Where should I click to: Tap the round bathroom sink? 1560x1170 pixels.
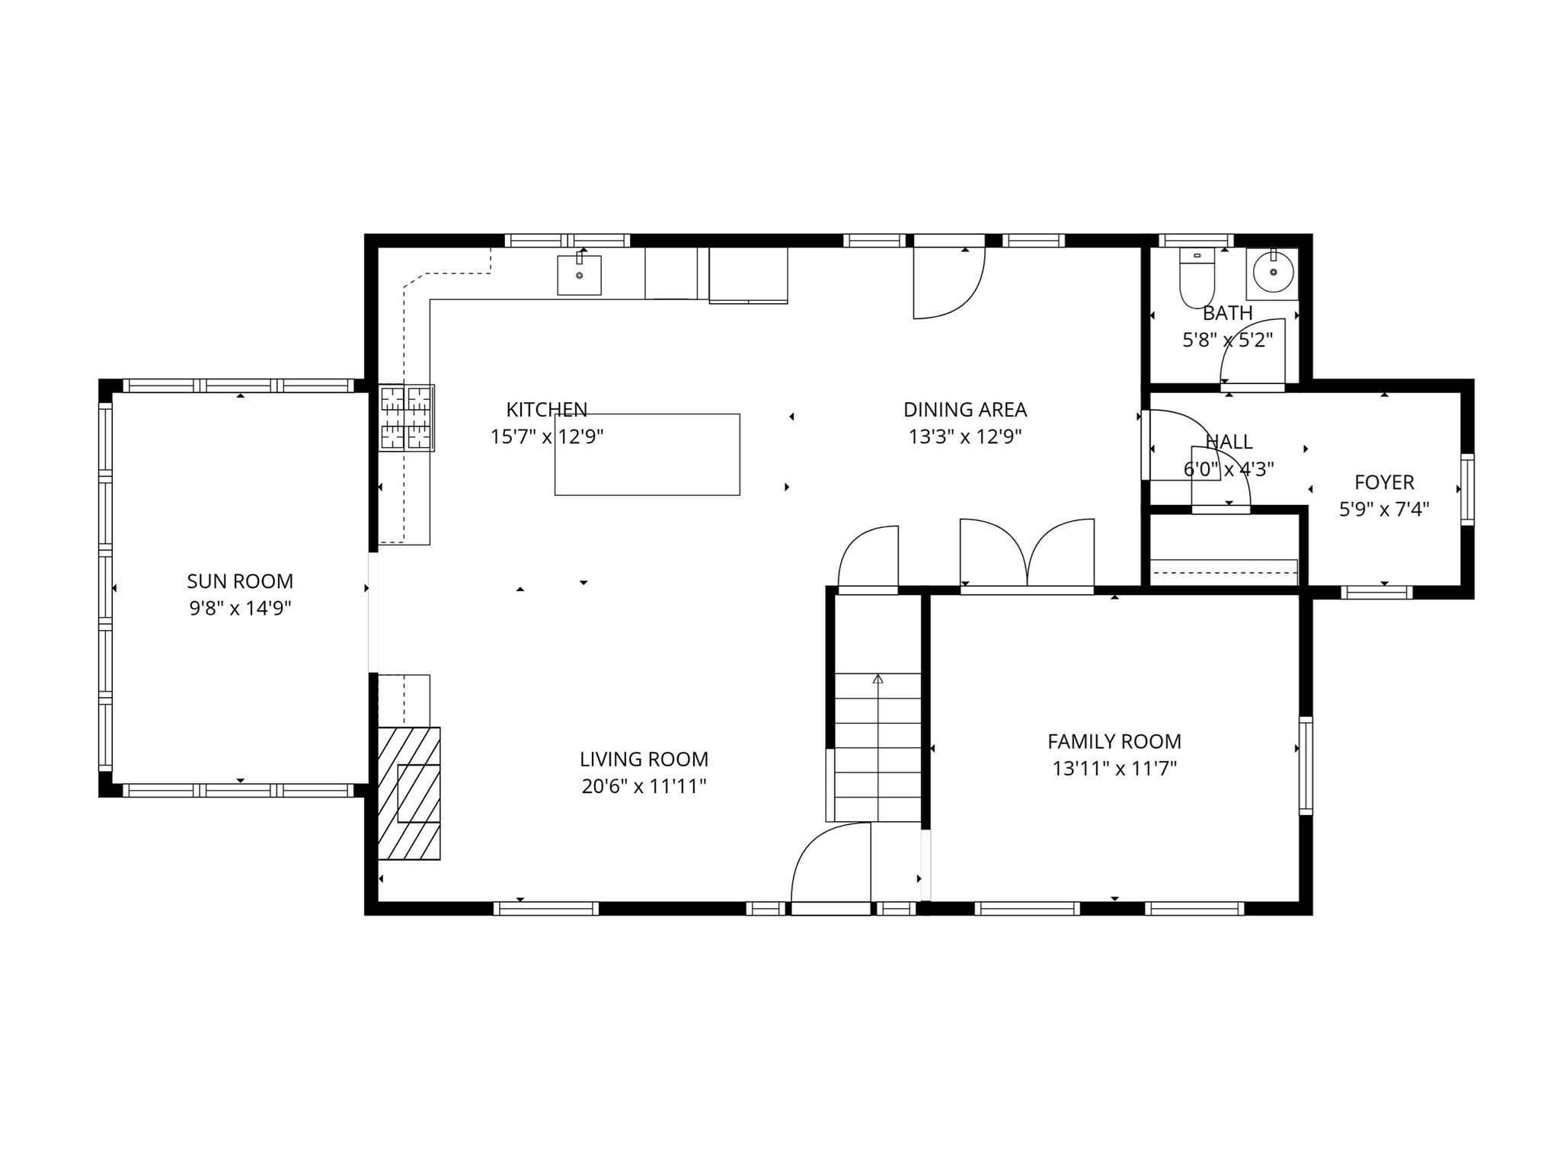pos(1273,272)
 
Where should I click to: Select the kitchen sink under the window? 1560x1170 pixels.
pos(579,274)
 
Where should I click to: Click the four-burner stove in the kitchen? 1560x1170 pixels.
pos(407,417)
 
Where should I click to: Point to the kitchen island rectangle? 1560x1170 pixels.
pos(647,455)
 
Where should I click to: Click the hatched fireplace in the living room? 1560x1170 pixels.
pos(409,794)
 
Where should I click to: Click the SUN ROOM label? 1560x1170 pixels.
pos(240,581)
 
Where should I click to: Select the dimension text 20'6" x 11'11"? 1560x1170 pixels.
pos(644,786)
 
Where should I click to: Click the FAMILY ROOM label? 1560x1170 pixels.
pos(1114,741)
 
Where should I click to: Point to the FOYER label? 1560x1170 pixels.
pos(1384,482)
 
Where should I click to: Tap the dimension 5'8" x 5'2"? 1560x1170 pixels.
pos(1228,340)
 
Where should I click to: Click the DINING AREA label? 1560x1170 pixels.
pos(965,410)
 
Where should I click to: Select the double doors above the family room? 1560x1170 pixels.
pos(1027,555)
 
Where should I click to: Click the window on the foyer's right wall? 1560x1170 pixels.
pos(1467,489)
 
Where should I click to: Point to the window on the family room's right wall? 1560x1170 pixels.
pos(1306,766)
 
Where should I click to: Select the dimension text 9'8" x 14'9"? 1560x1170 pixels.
pos(241,609)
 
